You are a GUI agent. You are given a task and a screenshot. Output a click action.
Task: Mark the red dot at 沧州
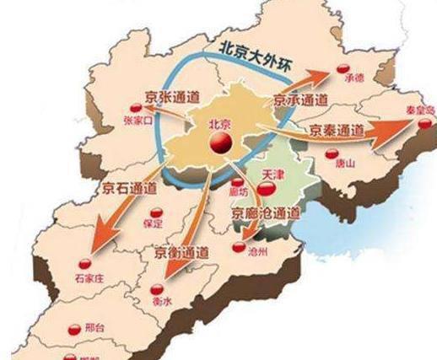click(240, 248)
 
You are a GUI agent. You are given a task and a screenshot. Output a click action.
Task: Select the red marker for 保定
click(154, 212)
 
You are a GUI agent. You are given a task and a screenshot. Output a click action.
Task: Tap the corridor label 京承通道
click(300, 100)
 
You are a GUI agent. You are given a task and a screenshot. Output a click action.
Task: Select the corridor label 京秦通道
click(337, 131)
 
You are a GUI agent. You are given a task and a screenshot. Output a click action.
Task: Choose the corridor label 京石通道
click(128, 187)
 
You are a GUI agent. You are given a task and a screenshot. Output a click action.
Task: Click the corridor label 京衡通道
click(181, 251)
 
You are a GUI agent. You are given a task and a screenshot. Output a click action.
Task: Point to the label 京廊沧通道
click(266, 213)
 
